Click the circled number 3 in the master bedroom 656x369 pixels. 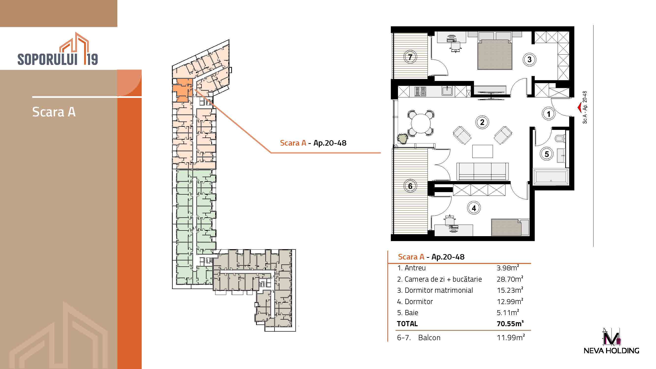tap(529, 60)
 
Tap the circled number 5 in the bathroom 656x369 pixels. tap(547, 154)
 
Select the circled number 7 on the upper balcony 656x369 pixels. tap(410, 57)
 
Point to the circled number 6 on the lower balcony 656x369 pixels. tap(410, 186)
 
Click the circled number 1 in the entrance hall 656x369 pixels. tap(549, 114)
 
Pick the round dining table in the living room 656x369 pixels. tap(421, 123)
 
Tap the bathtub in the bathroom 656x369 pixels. tap(550, 176)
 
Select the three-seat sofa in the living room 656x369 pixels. tap(482, 172)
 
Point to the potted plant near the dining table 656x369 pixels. tap(402, 138)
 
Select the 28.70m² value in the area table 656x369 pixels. tap(510, 279)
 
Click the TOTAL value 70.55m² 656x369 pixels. tap(510, 323)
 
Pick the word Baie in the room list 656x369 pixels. tap(411, 312)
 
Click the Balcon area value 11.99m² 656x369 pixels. tap(511, 338)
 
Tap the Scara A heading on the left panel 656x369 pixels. tap(54, 112)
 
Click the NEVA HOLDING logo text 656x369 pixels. tap(611, 351)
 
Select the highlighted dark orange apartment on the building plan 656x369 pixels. tap(182, 90)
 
